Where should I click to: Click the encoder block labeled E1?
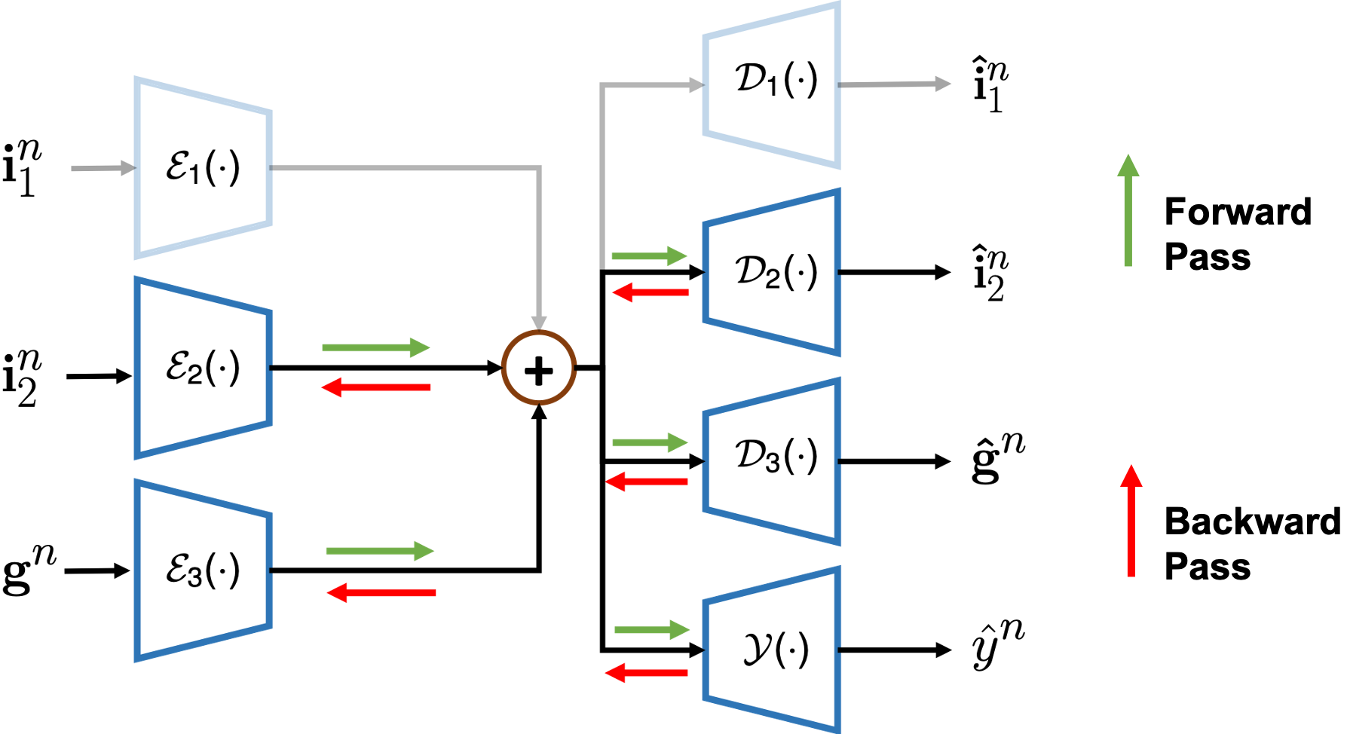pyautogui.click(x=202, y=167)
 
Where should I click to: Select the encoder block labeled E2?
pyautogui.click(x=202, y=368)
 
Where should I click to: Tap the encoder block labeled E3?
pyautogui.click(x=202, y=570)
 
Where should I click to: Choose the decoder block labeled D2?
pyautogui.click(x=773, y=272)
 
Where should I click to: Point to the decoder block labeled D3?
pyautogui.click(x=773, y=460)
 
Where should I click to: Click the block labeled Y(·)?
pyautogui.click(x=773, y=650)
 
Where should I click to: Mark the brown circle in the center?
pyautogui.click(x=539, y=367)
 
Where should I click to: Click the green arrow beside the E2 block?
pyautogui.click(x=375, y=347)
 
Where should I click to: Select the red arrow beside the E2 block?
pyautogui.click(x=375, y=387)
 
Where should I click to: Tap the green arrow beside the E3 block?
pyautogui.click(x=379, y=551)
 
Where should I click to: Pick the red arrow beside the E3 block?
pyautogui.click(x=381, y=593)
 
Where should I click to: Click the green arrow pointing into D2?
pyautogui.click(x=649, y=256)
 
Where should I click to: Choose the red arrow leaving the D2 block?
pyautogui.click(x=651, y=292)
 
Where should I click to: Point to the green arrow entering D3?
pyautogui.click(x=650, y=443)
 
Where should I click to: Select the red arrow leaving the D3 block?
pyautogui.click(x=647, y=482)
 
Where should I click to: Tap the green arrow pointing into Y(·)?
pyautogui.click(x=651, y=630)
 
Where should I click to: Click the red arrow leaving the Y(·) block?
pyautogui.click(x=647, y=673)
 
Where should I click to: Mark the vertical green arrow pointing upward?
pyautogui.click(x=1128, y=211)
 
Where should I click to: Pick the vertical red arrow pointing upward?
pyautogui.click(x=1131, y=521)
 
